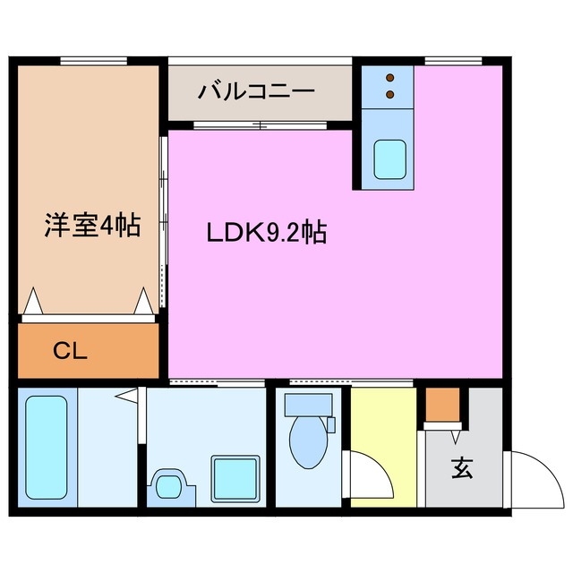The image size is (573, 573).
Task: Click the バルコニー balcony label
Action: (x=257, y=91)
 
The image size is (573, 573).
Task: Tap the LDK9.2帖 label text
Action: (x=266, y=234)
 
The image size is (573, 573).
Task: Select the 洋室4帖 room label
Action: (x=92, y=225)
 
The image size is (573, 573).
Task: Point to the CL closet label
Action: (x=69, y=352)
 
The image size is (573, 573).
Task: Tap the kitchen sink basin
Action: (x=389, y=158)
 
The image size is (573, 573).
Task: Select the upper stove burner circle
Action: (x=390, y=78)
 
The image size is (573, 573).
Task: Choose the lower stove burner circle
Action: (x=390, y=93)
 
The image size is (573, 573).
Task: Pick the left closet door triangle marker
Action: (x=32, y=302)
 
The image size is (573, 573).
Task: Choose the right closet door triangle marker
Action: (x=143, y=301)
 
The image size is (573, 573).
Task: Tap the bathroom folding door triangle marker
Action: (x=128, y=395)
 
